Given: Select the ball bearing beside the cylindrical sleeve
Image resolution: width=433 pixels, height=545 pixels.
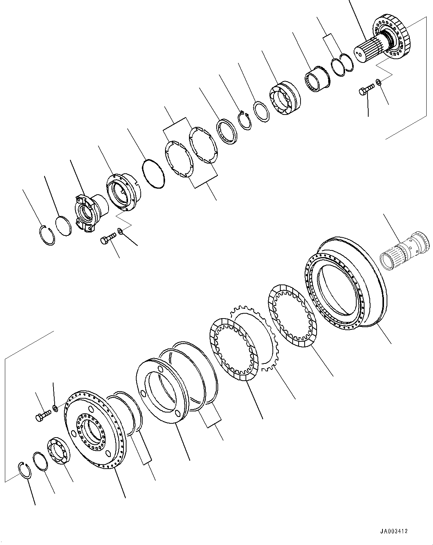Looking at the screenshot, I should tap(283, 98).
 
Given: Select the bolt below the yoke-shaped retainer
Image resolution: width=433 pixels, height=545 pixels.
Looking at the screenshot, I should tap(107, 238).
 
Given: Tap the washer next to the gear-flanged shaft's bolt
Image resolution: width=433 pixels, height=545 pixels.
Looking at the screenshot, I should tap(378, 81).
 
